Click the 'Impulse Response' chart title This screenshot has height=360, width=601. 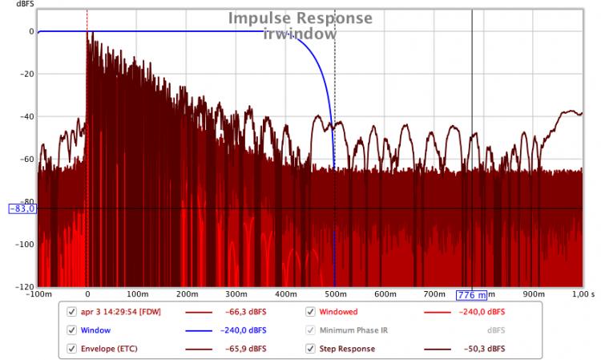coord(300,18)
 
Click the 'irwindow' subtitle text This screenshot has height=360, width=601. coord(300,34)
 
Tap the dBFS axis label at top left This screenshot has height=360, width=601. coord(17,7)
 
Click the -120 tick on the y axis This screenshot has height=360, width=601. coord(24,286)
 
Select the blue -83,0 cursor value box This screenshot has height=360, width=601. coord(22,208)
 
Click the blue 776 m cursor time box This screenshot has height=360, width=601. coord(472,295)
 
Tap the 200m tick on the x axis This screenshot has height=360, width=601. coord(187,295)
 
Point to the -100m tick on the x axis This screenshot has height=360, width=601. coord(38,295)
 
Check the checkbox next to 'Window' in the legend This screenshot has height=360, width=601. coord(72,330)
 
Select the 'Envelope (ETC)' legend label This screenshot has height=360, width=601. coord(108,349)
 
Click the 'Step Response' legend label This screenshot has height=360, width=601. coord(347,349)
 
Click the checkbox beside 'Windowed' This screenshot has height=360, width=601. coord(310,312)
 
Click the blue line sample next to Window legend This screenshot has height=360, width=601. coord(204,330)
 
